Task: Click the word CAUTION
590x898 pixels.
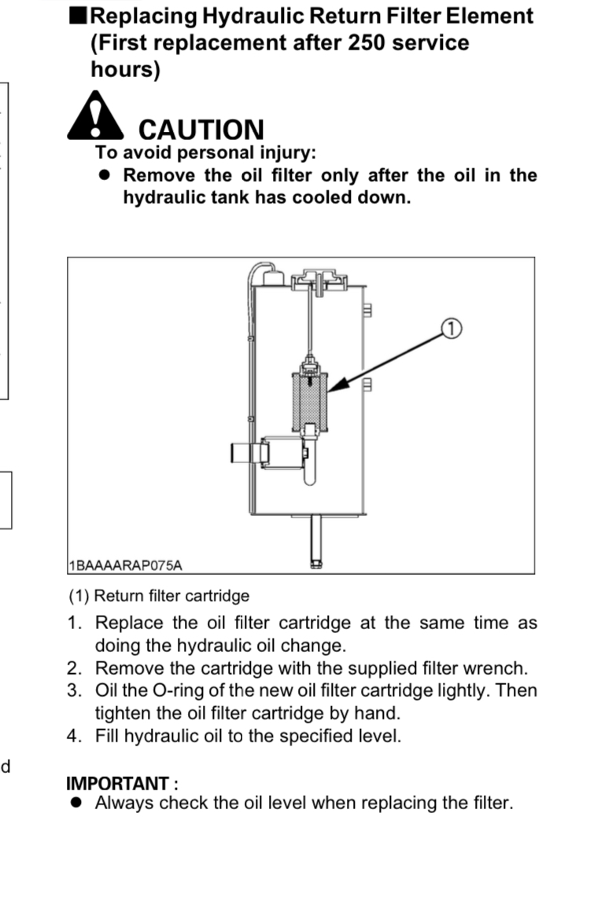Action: pyautogui.click(x=201, y=130)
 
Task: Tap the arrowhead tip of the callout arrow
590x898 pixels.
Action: pyautogui.click(x=329, y=390)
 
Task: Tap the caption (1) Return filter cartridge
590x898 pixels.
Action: pyautogui.click(x=160, y=596)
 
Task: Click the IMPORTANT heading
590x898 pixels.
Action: pyautogui.click(x=122, y=783)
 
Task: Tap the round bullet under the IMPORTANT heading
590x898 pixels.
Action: pyautogui.click(x=76, y=804)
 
